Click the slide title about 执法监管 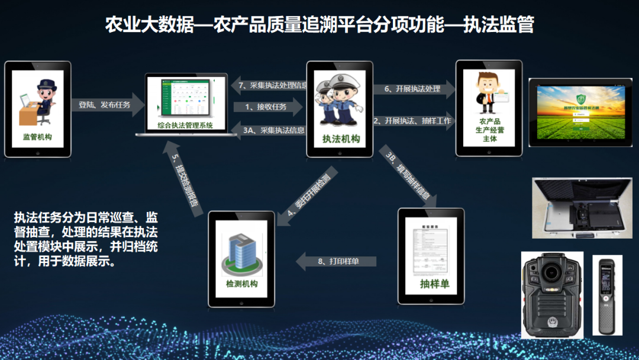pyautogui.click(x=319, y=25)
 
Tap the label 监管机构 pyautogui.click(x=37, y=137)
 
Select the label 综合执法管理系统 pyautogui.click(x=185, y=125)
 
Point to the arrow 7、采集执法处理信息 pyautogui.click(x=270, y=85)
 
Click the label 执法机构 pyautogui.click(x=340, y=140)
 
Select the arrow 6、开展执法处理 pyautogui.click(x=414, y=89)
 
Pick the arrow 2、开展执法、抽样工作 pyautogui.click(x=414, y=120)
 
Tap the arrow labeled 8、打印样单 pyautogui.click(x=337, y=261)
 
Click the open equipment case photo pyautogui.click(x=582, y=208)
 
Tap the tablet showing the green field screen pyautogui.click(x=580, y=112)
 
